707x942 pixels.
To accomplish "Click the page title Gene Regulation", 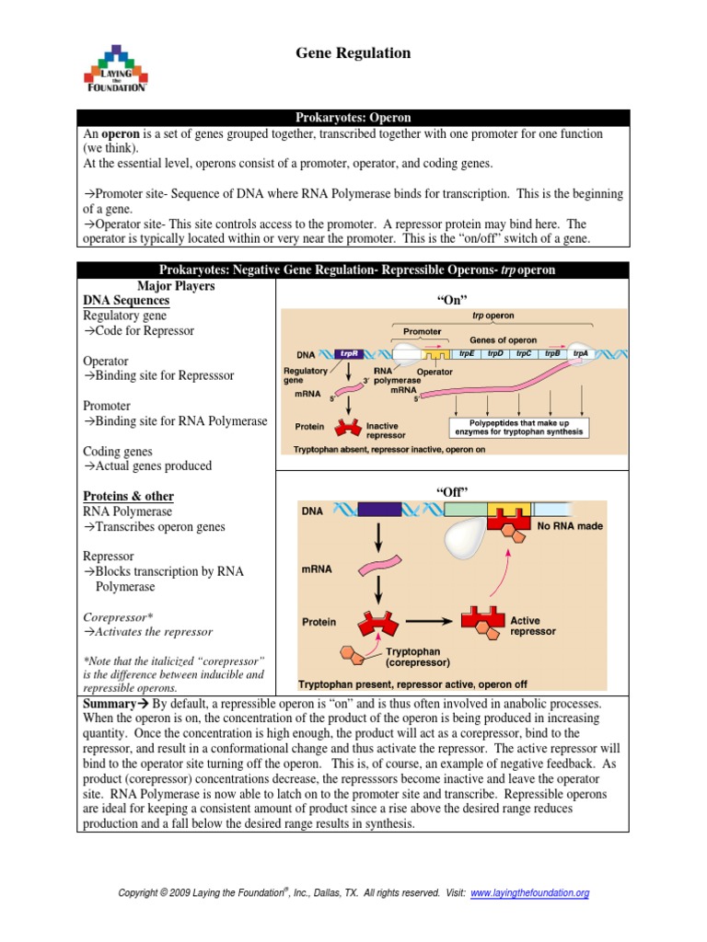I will (353, 53).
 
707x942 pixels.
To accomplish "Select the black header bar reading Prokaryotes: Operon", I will (353, 118).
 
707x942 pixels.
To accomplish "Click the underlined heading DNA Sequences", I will (126, 301).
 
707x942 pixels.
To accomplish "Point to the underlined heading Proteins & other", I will (128, 496).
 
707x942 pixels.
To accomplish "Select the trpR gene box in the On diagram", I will (349, 353).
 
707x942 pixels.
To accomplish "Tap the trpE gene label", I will (466, 353).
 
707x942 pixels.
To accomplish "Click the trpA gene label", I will (580, 353).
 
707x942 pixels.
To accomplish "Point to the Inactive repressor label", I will (382, 431).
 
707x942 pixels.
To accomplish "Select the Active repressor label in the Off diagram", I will (533, 626).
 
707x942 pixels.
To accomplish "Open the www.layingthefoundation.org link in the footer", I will (529, 892).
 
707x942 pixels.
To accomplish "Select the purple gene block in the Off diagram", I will (378, 511).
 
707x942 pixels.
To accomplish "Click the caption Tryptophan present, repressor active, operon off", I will (412, 684).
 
